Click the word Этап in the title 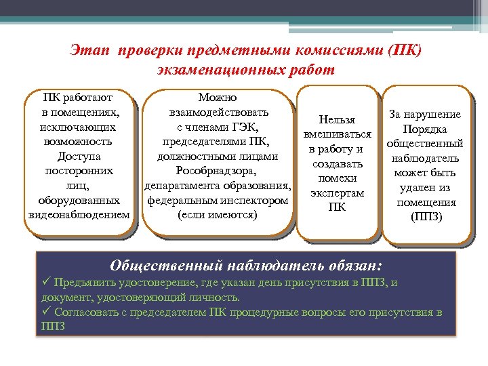(x=89, y=52)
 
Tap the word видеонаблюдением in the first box (x=79, y=215)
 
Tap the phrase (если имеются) (x=217, y=215)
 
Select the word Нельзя (x=337, y=120)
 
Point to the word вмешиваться (x=337, y=135)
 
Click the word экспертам (x=337, y=193)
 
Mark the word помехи (x=337, y=178)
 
